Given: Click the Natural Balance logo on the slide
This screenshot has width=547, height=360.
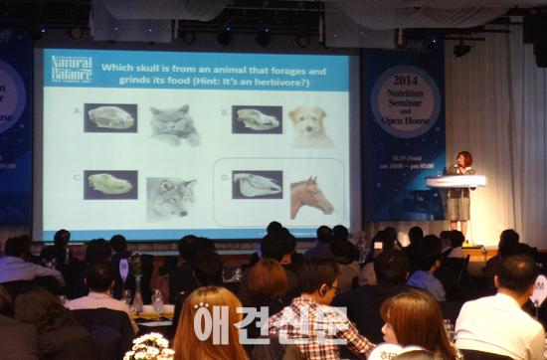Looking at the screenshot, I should [71, 69].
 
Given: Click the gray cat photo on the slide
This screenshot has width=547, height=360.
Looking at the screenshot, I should [174, 125].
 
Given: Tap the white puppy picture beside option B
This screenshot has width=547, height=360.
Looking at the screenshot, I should [308, 126].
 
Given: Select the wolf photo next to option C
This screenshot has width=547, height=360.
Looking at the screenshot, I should [171, 197].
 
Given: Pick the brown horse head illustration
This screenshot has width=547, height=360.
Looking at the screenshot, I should [310, 196].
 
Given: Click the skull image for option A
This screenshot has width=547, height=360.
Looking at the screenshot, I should [110, 117].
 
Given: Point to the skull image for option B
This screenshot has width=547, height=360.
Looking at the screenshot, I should [257, 119].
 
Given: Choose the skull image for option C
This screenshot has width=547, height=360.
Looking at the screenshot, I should [109, 184].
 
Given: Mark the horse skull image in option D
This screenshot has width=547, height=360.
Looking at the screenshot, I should [257, 185].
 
